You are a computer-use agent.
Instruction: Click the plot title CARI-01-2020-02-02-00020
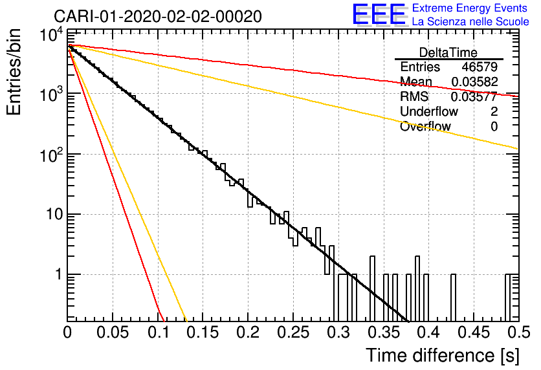tap(158, 16)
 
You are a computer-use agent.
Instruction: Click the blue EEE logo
tap(379, 14)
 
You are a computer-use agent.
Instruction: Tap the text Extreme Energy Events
tap(470, 8)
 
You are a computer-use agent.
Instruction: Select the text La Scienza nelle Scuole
tap(470, 22)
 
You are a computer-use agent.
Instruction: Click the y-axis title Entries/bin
tap(14, 72)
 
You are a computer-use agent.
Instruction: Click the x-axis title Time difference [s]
tap(443, 355)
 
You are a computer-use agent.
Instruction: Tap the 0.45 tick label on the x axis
tap(474, 332)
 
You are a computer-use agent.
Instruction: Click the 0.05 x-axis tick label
tap(113, 332)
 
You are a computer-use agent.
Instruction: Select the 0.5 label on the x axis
tap(518, 332)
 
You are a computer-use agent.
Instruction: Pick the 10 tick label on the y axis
tap(54, 215)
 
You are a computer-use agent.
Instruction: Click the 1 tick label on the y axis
tap(58, 275)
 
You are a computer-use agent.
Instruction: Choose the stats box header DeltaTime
tap(448, 52)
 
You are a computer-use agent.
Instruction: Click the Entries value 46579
tap(480, 67)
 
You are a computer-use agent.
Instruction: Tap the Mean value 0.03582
tap(474, 82)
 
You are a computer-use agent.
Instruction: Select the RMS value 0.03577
tap(474, 96)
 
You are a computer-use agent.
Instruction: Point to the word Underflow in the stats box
tap(429, 111)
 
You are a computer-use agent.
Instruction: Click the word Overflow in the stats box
tap(425, 126)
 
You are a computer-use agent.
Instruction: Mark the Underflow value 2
tap(494, 111)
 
